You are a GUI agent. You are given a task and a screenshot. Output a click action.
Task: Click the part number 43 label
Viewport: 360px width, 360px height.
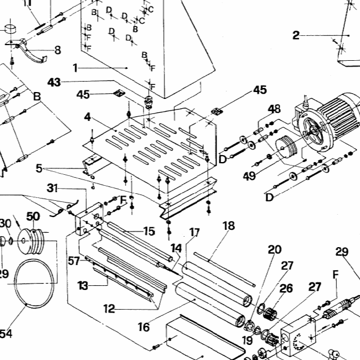(x=54, y=83)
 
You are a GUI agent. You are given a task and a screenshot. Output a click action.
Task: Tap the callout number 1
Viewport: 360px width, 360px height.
(x=75, y=68)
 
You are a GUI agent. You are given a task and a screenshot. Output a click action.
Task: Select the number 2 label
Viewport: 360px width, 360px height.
(x=296, y=36)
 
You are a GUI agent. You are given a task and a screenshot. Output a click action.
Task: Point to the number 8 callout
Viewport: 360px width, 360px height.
(x=57, y=50)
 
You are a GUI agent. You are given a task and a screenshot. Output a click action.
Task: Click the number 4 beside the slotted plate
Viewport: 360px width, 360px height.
(x=87, y=117)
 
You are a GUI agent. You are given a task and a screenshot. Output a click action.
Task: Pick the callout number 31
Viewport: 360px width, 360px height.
(x=53, y=188)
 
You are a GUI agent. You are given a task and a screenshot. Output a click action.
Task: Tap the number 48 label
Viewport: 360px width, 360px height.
(x=274, y=108)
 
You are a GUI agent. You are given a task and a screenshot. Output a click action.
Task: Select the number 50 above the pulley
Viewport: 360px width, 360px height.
(x=33, y=216)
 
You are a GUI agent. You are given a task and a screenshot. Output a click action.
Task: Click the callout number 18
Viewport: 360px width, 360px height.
(x=229, y=225)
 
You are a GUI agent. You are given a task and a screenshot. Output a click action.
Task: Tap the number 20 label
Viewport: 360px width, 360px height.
(x=274, y=249)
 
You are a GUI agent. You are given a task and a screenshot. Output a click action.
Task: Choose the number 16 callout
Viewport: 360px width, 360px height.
(x=144, y=327)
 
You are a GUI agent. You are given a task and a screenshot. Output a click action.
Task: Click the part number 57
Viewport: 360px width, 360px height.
(x=73, y=261)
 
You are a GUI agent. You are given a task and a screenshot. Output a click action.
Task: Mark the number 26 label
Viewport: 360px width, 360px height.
(x=286, y=288)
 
